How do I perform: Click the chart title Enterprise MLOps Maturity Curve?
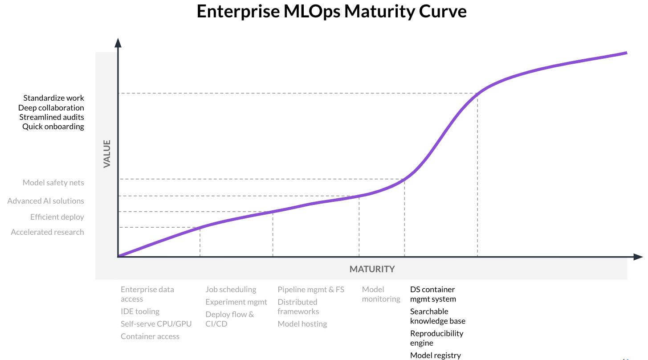(331, 12)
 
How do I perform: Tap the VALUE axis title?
(107, 154)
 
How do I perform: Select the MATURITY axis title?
(372, 269)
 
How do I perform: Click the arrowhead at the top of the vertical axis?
(118, 43)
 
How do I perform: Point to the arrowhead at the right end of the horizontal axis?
(638, 257)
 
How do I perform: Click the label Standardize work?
(53, 98)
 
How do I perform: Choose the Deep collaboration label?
(51, 108)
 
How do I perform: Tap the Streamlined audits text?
(52, 117)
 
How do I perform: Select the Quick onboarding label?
(53, 127)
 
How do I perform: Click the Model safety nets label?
(53, 183)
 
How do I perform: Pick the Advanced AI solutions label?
(45, 201)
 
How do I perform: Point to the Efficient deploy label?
(57, 217)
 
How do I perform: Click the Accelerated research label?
(47, 232)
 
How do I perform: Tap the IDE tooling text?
(140, 311)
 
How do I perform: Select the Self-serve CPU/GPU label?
(156, 324)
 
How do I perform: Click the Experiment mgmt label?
(236, 302)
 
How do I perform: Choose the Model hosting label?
(302, 324)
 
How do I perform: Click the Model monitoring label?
(381, 294)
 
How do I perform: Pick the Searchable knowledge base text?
(437, 316)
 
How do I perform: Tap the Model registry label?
(435, 355)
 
